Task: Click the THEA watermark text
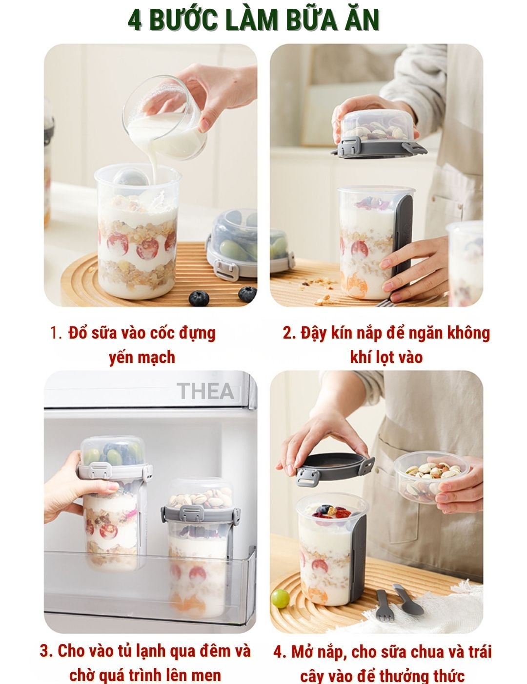pos(205,391)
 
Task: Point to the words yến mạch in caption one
pos(142,357)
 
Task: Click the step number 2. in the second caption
pos(289,333)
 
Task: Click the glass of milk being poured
pos(163,118)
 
